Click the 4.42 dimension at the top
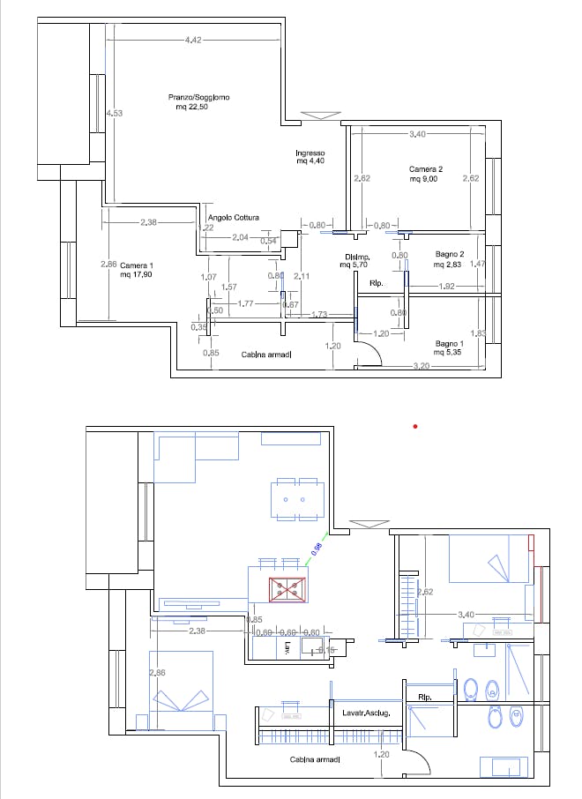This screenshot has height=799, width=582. click(194, 39)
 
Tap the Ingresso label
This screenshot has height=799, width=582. click(310, 153)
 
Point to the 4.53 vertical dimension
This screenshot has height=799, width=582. click(112, 113)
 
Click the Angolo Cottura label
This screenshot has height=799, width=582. click(233, 217)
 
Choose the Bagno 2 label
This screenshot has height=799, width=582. click(450, 254)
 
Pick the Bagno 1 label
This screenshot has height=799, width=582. click(450, 343)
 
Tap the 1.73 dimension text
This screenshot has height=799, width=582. click(320, 315)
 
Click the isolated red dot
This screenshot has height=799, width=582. click(415, 427)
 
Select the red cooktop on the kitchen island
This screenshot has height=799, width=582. click(287, 590)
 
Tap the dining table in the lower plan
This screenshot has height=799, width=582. click(296, 500)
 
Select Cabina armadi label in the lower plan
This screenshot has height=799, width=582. click(315, 758)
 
